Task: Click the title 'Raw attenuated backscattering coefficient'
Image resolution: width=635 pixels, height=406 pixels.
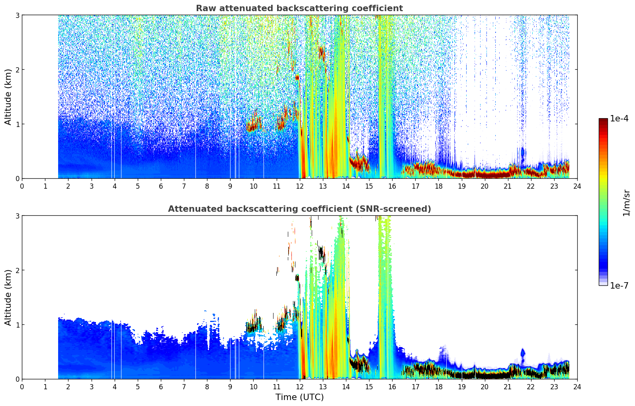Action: tap(299, 8)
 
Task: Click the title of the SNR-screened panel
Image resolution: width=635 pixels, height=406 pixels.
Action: tap(299, 209)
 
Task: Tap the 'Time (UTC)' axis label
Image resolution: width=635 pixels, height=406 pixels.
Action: tap(299, 397)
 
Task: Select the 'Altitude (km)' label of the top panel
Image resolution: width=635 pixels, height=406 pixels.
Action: tap(8, 97)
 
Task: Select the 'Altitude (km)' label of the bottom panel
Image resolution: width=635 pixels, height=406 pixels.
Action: tap(8, 298)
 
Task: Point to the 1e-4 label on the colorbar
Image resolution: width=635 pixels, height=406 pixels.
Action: tap(619, 119)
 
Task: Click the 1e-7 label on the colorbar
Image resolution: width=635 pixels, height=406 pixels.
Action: tap(619, 285)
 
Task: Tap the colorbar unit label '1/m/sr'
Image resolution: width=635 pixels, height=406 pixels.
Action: tap(627, 203)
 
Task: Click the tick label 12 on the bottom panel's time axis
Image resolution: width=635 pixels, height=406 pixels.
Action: tap(300, 387)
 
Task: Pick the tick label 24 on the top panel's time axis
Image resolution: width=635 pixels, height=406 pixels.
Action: tap(577, 186)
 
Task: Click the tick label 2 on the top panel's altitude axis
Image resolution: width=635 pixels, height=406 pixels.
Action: tap(17, 70)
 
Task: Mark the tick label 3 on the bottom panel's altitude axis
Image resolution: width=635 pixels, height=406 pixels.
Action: tap(17, 216)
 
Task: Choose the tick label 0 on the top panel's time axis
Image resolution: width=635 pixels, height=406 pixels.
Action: tap(22, 186)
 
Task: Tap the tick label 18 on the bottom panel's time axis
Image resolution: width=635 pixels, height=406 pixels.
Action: tap(439, 387)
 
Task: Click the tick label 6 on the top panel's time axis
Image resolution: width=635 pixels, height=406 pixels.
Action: tap(161, 186)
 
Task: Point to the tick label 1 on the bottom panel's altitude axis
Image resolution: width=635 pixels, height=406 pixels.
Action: tap(17, 325)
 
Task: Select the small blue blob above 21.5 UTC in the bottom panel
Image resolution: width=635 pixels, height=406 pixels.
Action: tap(523, 353)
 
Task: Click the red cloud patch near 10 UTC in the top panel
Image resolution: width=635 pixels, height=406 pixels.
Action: tap(254, 124)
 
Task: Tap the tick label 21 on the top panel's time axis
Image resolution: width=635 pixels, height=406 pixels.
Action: tap(508, 186)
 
